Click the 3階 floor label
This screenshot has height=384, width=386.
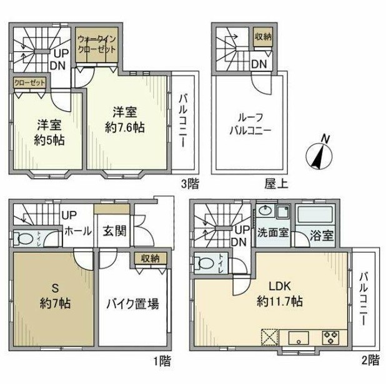pyautogui.click(x=190, y=184)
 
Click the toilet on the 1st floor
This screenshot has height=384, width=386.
pyautogui.click(x=26, y=239)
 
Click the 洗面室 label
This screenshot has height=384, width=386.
pyautogui.click(x=272, y=234)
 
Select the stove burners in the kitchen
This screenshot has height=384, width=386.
pyautogui.click(x=330, y=338)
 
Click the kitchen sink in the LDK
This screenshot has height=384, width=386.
pyautogui.click(x=298, y=338)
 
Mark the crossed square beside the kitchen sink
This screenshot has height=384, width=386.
pyautogui.click(x=269, y=338)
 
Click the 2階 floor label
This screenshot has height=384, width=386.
pyautogui.click(x=370, y=360)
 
